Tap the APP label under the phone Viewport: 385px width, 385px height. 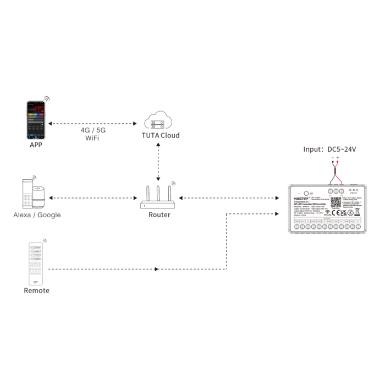(x=36, y=145)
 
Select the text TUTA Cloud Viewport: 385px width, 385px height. (x=161, y=135)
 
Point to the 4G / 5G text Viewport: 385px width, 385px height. (x=92, y=131)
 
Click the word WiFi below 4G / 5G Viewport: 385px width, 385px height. (x=92, y=139)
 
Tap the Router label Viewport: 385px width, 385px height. (x=159, y=215)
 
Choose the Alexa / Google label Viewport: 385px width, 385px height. (x=37, y=215)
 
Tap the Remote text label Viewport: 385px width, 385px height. (x=36, y=290)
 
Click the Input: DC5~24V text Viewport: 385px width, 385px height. (x=330, y=149)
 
